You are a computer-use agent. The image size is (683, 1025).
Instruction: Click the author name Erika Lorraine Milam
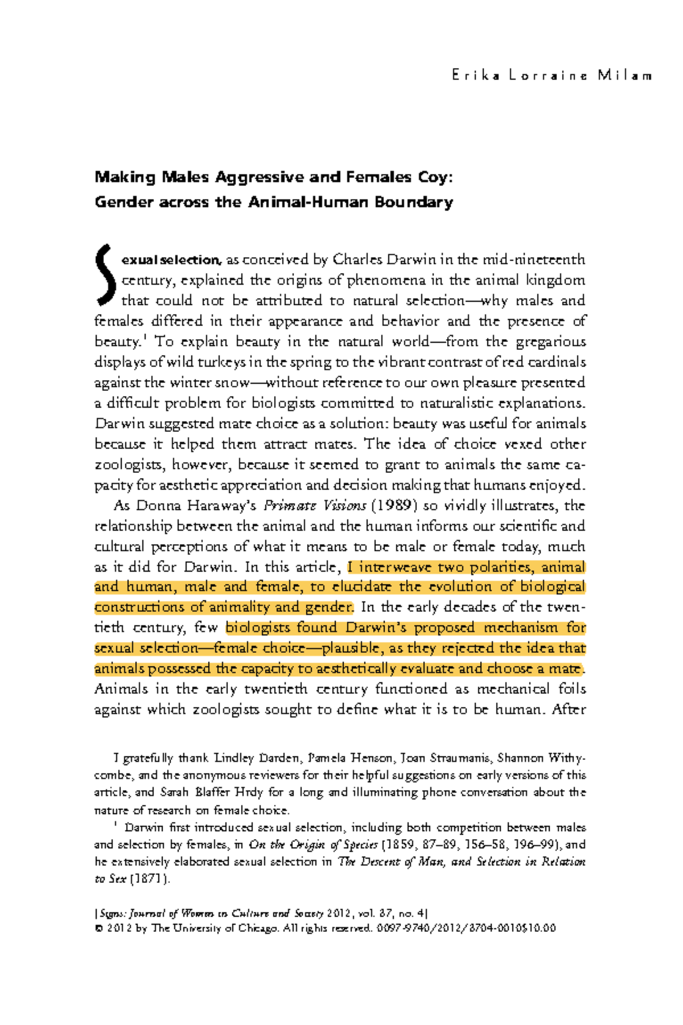tap(552, 75)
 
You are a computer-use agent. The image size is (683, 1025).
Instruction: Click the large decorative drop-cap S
tap(106, 274)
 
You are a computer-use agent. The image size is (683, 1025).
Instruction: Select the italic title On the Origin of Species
tap(313, 844)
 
